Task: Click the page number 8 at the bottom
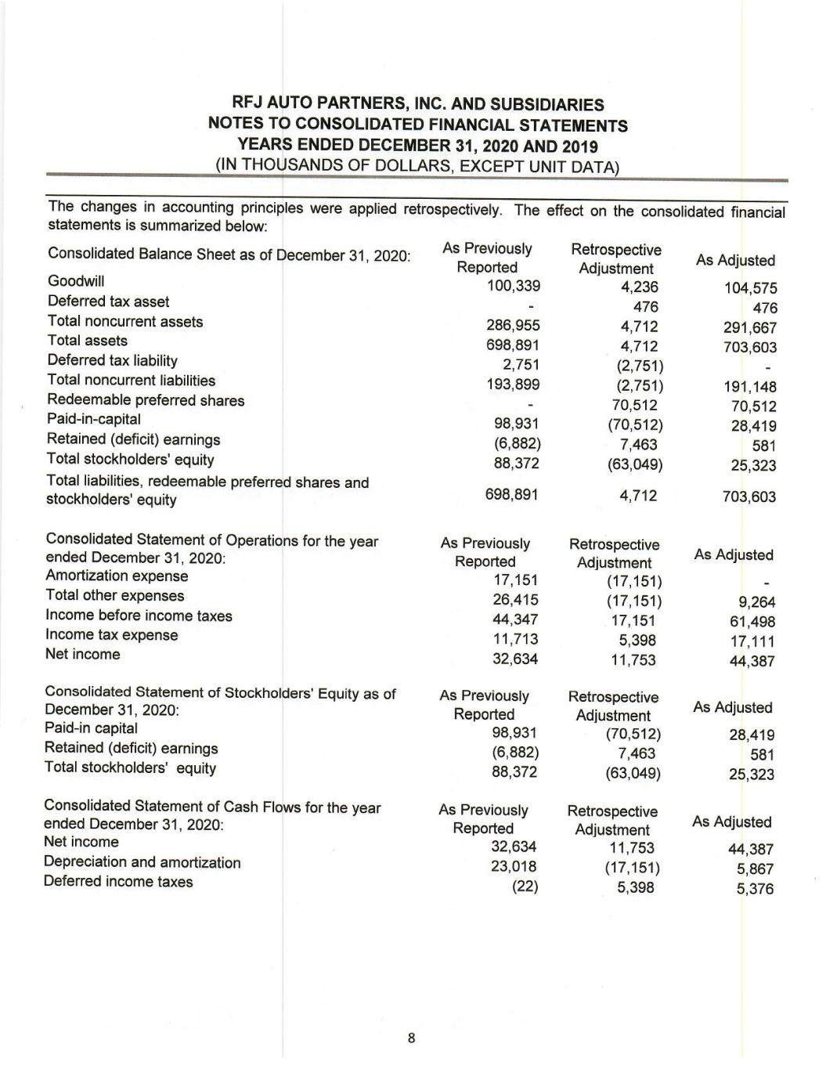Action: point(411,1039)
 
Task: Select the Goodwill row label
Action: point(76,281)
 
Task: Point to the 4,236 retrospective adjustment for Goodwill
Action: point(639,287)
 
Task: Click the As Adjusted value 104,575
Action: point(750,288)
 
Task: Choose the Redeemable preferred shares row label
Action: point(146,400)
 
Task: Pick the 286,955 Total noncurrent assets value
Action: point(513,326)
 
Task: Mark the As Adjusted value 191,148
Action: point(750,386)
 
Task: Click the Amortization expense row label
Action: point(117,576)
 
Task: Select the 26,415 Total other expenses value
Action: point(514,600)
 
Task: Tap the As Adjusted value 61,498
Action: point(752,622)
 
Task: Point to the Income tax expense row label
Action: point(111,635)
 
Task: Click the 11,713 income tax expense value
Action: point(514,639)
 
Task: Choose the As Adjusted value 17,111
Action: point(752,641)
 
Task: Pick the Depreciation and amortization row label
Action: point(142,863)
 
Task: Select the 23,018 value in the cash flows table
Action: point(513,867)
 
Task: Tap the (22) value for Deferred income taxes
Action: point(525,887)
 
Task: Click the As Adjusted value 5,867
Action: point(756,869)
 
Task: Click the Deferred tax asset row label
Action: point(108,302)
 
